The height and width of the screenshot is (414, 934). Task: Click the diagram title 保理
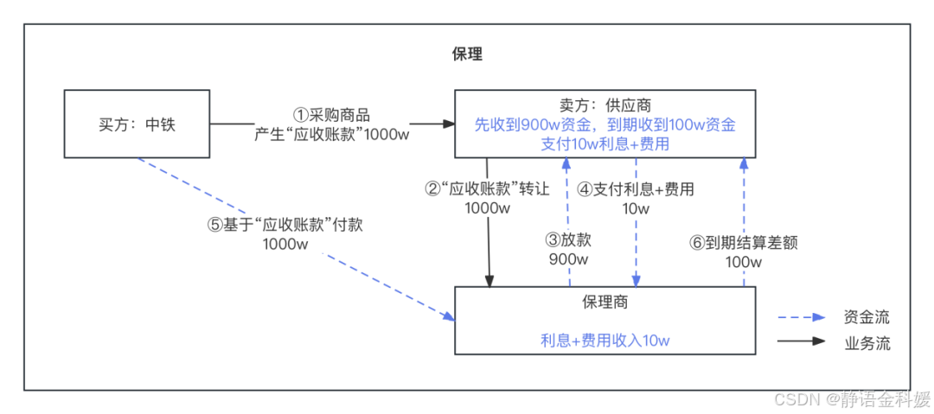pos(467,54)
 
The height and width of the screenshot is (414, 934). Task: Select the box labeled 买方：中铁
pos(137,124)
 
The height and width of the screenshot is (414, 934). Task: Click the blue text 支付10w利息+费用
pos(605,143)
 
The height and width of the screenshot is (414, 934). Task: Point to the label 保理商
pos(605,303)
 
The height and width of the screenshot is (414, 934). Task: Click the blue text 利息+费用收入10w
pos(605,340)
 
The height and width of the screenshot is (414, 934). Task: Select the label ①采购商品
pos(332,115)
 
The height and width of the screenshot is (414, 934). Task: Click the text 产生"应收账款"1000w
pos(332,134)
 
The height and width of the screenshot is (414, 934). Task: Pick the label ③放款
pos(568,240)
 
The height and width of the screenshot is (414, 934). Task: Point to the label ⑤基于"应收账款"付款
pos(285,225)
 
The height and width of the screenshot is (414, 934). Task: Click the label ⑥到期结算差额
pos(743,243)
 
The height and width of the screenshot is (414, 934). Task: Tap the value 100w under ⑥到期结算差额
pos(743,262)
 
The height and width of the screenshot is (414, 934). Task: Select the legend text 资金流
pos(867,317)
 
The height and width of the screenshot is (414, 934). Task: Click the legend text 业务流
pos(867,343)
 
